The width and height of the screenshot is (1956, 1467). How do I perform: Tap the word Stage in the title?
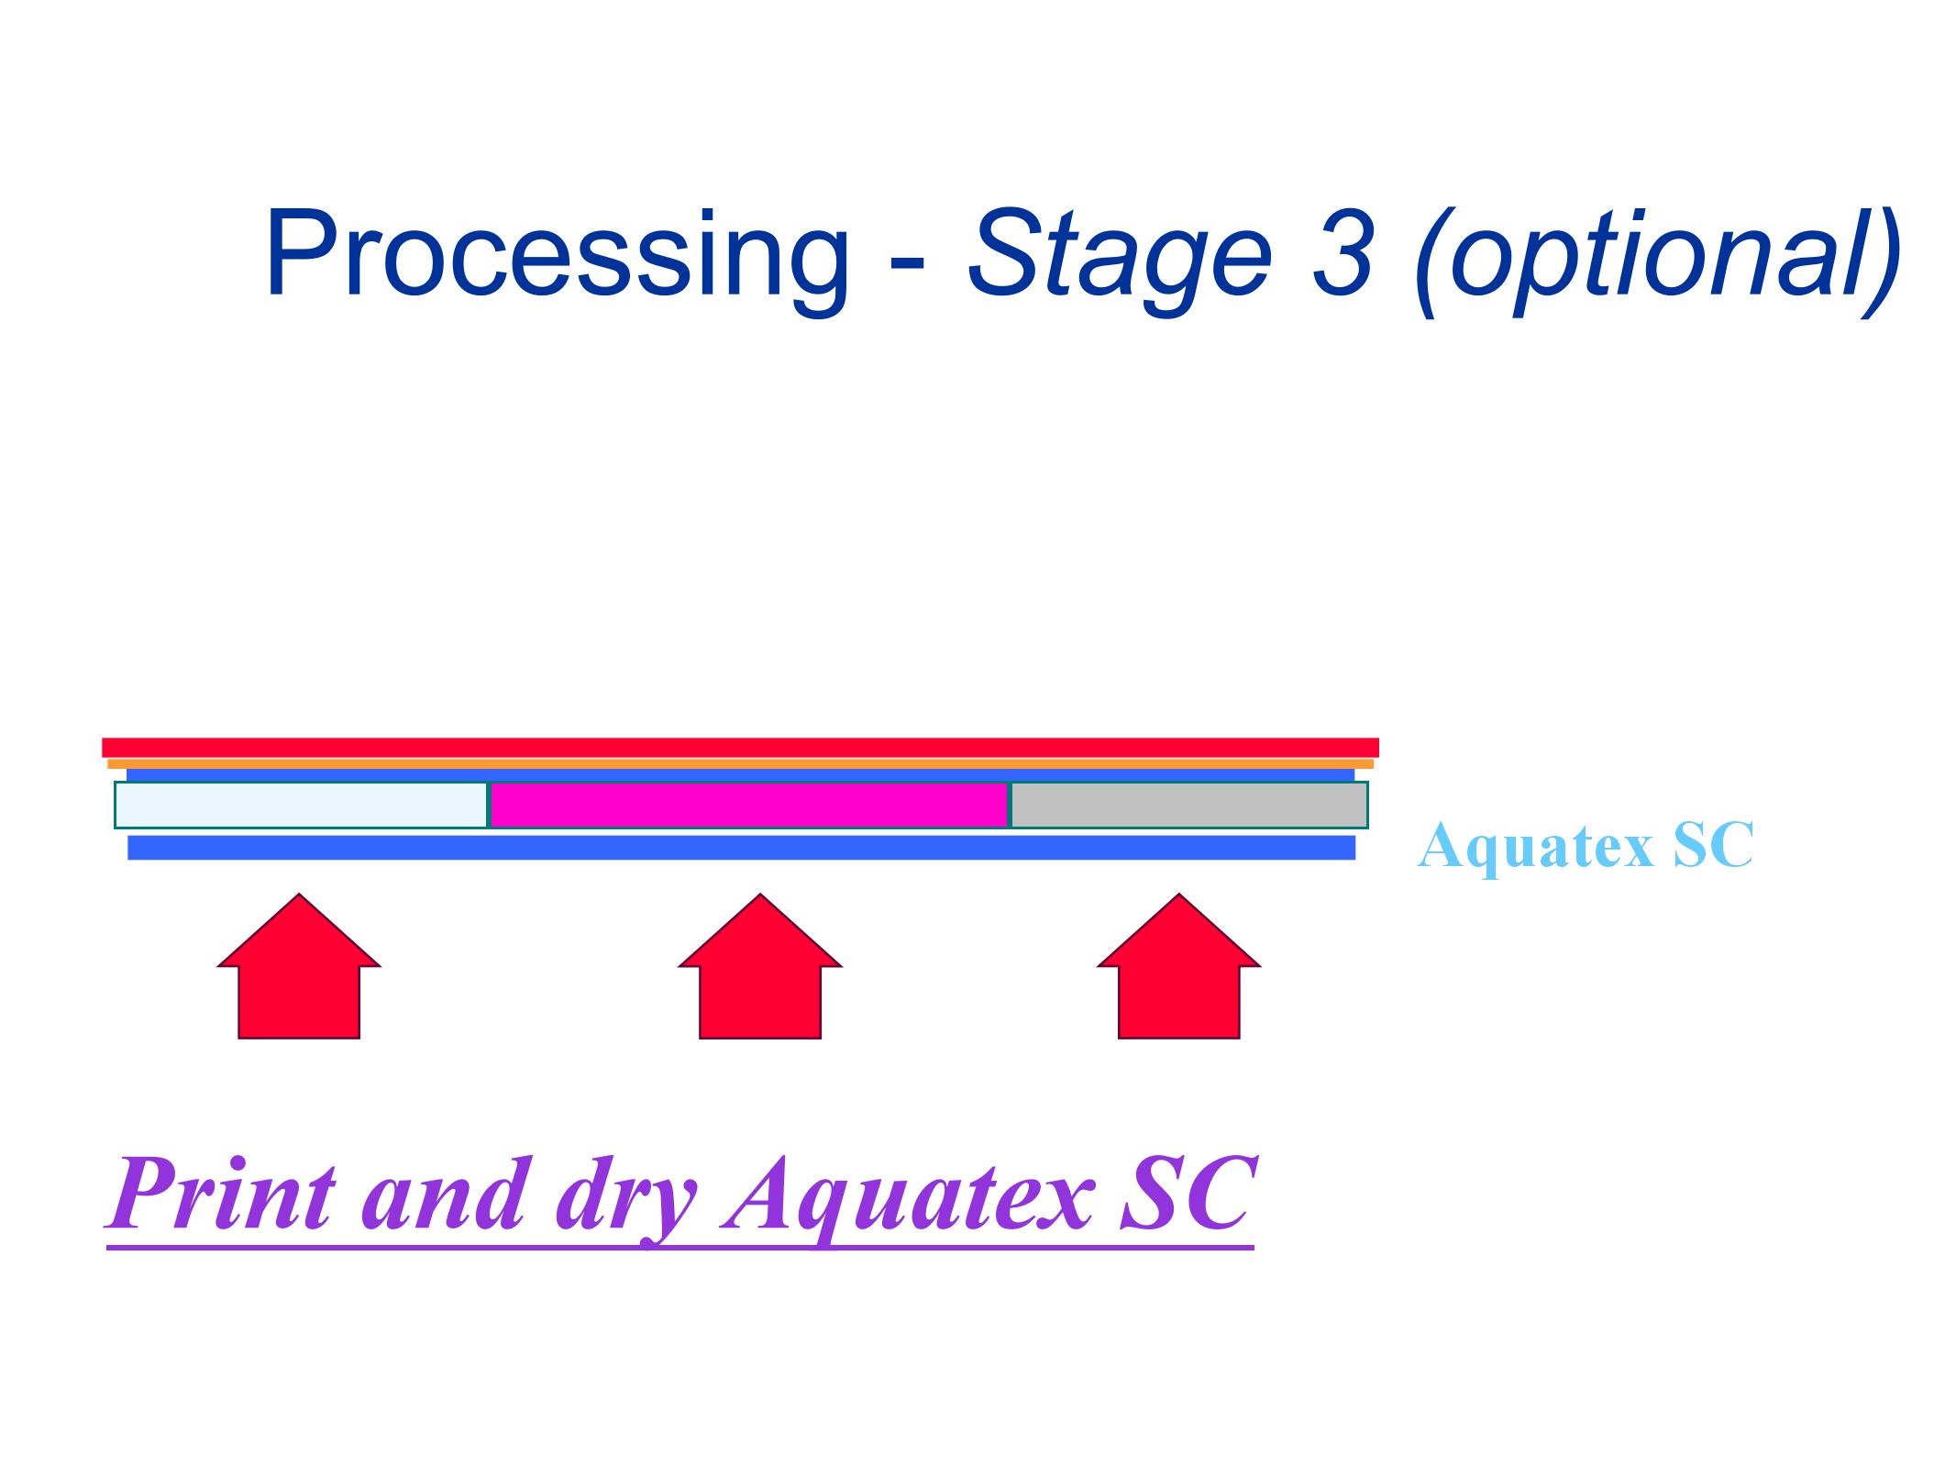pos(1119,255)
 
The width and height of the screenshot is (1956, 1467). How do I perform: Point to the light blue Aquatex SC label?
pos(1585,845)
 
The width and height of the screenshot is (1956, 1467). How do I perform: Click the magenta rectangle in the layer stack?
pos(749,805)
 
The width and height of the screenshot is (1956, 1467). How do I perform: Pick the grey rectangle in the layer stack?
pos(1188,805)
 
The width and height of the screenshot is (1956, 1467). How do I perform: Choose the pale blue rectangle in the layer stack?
pos(301,805)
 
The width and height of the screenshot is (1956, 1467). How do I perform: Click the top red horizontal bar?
pos(740,747)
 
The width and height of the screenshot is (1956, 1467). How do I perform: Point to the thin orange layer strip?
pos(740,763)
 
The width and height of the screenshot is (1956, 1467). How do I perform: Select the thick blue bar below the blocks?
pos(741,847)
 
